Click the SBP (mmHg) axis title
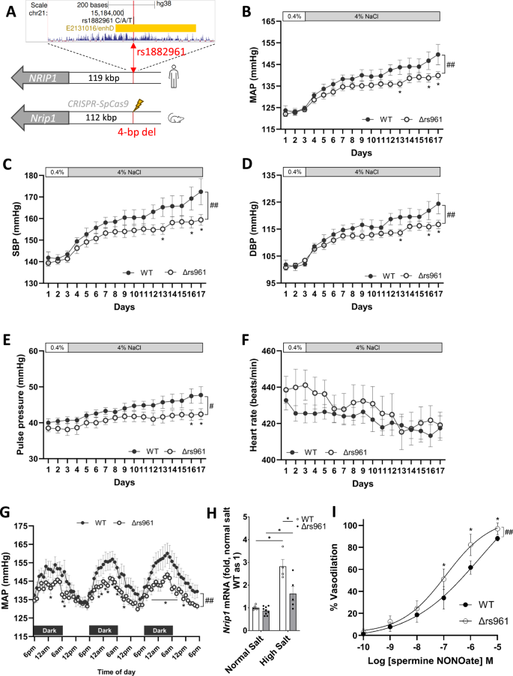click(x=13, y=230)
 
